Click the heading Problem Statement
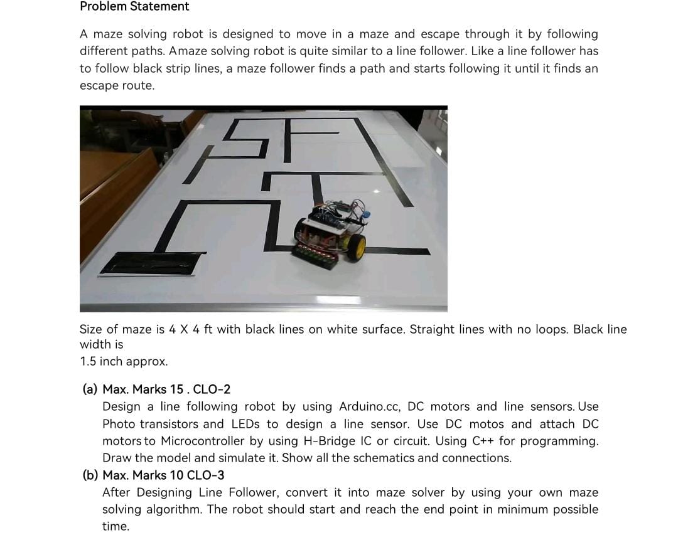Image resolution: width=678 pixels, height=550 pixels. (134, 6)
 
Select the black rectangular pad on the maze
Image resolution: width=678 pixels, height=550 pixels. (151, 263)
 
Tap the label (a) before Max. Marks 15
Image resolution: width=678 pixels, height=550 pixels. (90, 389)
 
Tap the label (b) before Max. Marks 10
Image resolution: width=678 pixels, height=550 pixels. (90, 476)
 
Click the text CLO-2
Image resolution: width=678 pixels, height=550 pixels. (212, 389)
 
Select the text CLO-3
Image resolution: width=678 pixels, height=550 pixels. (206, 476)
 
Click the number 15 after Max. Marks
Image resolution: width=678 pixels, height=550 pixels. (177, 389)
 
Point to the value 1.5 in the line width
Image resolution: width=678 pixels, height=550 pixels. (88, 362)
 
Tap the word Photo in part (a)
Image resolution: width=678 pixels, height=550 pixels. (119, 425)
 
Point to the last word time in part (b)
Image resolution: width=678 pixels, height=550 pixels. (116, 527)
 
